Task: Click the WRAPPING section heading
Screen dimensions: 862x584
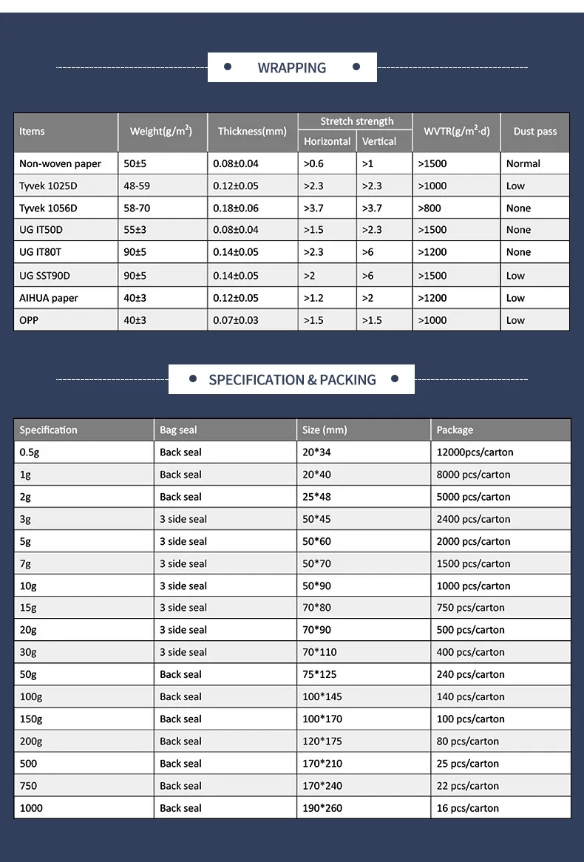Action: coord(292,68)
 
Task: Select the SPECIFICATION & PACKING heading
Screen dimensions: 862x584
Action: coord(292,380)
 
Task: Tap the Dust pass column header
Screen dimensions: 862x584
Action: coord(535,132)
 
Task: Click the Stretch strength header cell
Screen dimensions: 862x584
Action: coord(356,121)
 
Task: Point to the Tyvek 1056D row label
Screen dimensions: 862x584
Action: coord(48,208)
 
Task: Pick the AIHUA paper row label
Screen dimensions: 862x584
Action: coord(49,298)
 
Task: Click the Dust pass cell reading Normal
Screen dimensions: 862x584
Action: coord(523,163)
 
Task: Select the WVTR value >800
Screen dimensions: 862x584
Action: coord(429,208)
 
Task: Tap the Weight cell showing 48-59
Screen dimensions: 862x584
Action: coord(137,186)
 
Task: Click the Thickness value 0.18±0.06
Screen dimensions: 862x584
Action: coord(236,208)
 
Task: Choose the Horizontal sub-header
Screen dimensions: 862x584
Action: coord(327,141)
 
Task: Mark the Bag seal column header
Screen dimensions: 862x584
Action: coord(178,430)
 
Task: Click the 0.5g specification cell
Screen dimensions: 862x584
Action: coord(30,452)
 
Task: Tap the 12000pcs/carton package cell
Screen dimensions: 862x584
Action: coord(475,452)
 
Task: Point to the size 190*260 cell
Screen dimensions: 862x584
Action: coord(322,808)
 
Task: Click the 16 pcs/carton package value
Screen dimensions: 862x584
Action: coord(467,808)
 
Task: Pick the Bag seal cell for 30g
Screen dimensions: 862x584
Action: coord(183,652)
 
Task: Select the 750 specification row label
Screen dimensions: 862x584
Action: coord(28,786)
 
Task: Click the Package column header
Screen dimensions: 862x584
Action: coord(455,430)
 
